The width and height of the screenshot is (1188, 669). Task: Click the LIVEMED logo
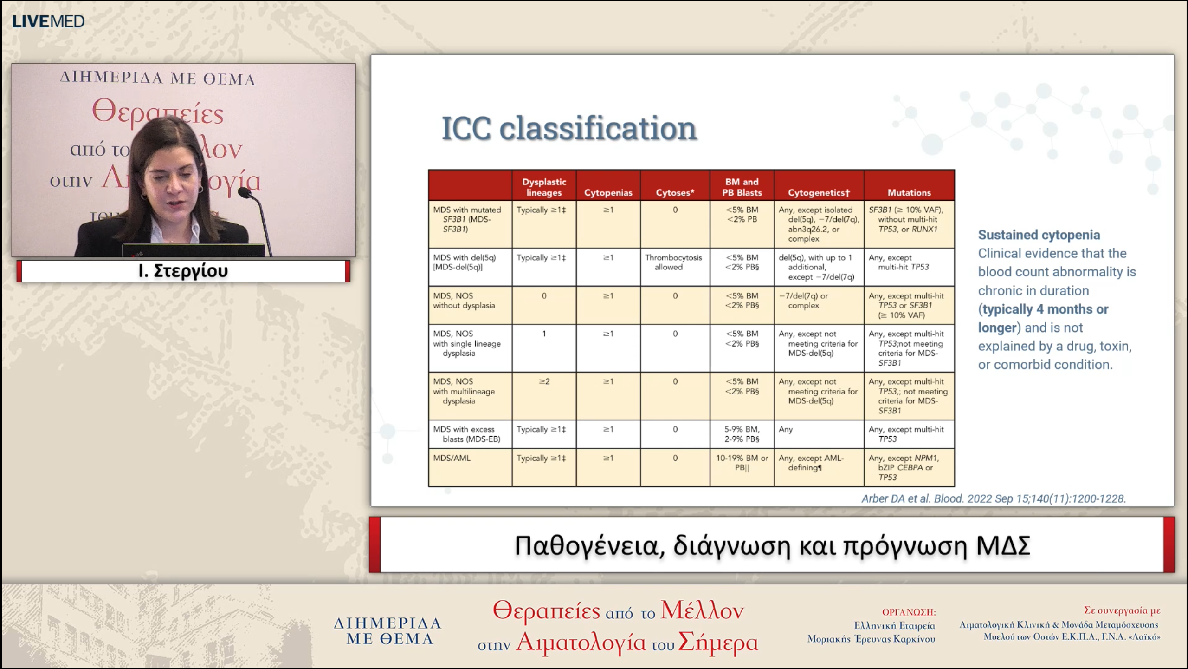(48, 21)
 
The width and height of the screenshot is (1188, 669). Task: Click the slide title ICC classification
(569, 128)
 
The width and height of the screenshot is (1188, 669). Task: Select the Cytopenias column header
(608, 192)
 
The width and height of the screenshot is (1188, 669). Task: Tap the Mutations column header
(909, 192)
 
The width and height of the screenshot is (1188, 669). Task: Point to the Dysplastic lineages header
(544, 187)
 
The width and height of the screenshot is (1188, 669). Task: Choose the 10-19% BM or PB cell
(742, 463)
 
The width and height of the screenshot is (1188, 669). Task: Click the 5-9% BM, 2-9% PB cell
(742, 434)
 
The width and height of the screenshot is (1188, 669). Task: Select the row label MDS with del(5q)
(465, 262)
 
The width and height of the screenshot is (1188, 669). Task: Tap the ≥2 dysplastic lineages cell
(544, 381)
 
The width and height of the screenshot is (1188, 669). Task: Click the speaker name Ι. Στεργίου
(183, 271)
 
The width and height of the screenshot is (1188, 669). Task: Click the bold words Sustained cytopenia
(1039, 235)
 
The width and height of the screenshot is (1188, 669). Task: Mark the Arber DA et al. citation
(993, 498)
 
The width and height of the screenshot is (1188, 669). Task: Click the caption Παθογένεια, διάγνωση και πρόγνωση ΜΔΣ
(772, 545)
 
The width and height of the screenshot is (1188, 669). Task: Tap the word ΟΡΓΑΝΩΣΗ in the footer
(909, 612)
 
